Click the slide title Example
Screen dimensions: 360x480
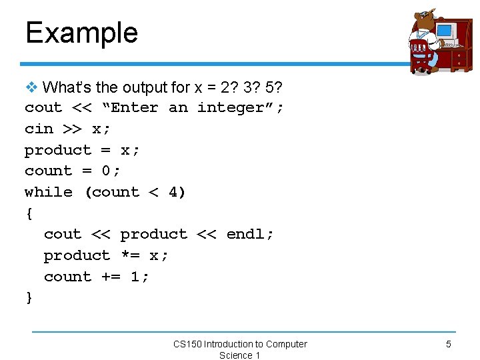coord(81,33)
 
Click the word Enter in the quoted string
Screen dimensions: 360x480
coord(134,107)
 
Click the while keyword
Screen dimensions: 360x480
coord(48,192)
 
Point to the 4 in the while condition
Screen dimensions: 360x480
coord(173,192)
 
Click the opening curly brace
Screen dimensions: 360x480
coord(29,213)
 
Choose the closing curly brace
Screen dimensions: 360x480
coord(29,297)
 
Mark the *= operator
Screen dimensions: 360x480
coord(130,255)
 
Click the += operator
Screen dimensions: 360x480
coord(111,277)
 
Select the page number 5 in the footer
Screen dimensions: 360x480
coord(449,344)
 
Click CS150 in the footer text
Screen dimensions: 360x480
coord(187,344)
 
